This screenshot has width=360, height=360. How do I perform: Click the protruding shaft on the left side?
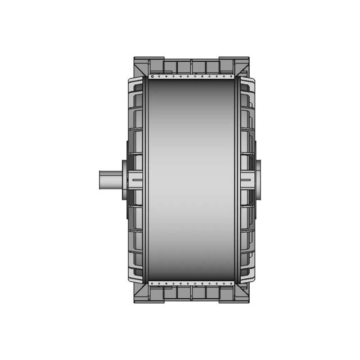pos(110,179)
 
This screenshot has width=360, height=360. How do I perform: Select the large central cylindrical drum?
pos(191,180)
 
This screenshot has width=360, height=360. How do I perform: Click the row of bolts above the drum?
pos(191,76)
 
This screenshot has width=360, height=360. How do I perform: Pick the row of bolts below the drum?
pos(191,283)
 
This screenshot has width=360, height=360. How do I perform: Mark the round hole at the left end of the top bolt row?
pos(152,76)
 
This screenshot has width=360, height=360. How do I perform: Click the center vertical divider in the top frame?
pos(191,66)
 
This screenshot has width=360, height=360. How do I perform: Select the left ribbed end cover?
pos(135,141)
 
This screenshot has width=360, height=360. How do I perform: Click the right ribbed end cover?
pos(247,141)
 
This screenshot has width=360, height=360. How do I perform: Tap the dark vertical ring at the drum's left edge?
pos(146,180)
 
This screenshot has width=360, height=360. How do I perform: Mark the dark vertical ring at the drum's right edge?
pos(237,180)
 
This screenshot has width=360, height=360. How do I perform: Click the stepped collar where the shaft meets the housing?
pos(123,179)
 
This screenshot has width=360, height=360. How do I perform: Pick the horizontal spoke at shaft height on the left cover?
pos(136,179)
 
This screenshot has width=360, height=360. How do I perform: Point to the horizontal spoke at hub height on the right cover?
pos(247,179)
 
